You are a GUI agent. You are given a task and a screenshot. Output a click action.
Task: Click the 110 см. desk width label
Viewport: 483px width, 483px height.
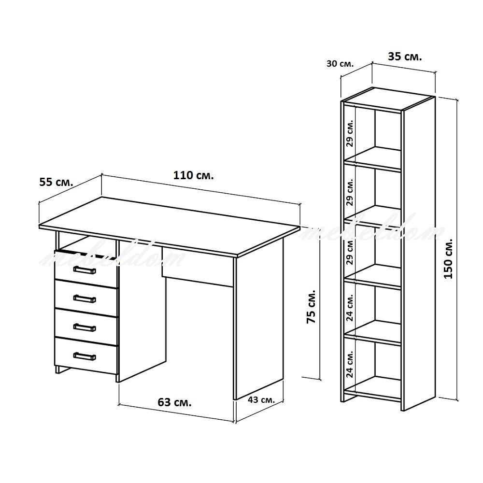tap(194, 176)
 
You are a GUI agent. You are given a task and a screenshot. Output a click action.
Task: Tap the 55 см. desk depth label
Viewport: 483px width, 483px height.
tap(57, 182)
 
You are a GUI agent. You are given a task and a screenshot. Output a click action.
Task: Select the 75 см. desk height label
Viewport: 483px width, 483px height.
tap(311, 306)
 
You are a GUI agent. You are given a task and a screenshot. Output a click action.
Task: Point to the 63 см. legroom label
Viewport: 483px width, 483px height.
tap(174, 402)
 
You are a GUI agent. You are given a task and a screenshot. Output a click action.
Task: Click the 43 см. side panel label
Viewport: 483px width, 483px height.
tap(261, 400)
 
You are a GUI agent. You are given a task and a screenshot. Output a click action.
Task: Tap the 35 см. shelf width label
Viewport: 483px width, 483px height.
tap(405, 57)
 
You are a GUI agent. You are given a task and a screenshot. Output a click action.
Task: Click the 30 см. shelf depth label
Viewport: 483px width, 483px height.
tap(340, 64)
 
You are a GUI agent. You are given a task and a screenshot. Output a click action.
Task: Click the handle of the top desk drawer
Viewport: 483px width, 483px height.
tap(85, 270)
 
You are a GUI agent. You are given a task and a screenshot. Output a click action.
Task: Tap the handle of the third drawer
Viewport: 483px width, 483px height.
tap(85, 327)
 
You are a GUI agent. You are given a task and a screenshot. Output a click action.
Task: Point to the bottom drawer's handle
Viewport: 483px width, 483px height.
tap(85, 356)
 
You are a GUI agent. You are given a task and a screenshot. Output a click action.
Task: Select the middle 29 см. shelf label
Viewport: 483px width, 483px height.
tap(349, 192)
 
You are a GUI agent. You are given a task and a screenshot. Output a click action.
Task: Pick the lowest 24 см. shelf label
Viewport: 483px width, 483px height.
tap(349, 364)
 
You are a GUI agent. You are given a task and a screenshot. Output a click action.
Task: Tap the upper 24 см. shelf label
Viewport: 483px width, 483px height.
tap(349, 307)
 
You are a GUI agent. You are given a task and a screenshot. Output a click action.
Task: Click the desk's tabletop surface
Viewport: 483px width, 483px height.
tap(170, 226)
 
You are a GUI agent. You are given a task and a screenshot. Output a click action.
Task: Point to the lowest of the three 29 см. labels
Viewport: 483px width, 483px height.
tap(349, 251)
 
